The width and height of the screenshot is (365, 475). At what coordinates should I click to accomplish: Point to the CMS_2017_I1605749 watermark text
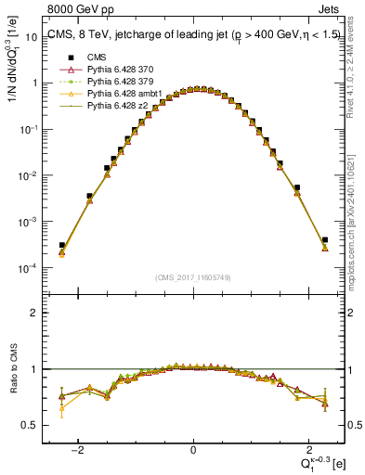click(193, 277)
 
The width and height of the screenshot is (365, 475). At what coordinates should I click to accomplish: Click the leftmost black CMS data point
click(62, 245)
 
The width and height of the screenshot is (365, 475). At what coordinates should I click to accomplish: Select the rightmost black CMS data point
click(324, 240)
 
